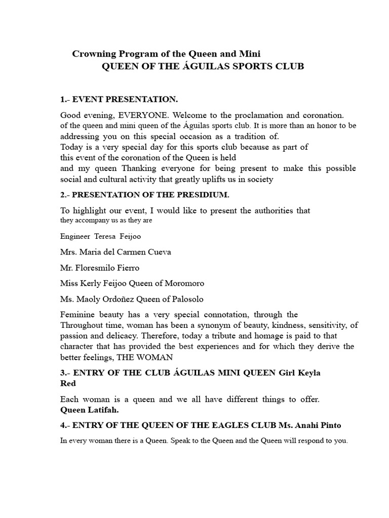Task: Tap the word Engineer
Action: tap(75, 236)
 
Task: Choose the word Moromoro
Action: tap(183, 283)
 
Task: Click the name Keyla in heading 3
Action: tap(307, 373)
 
